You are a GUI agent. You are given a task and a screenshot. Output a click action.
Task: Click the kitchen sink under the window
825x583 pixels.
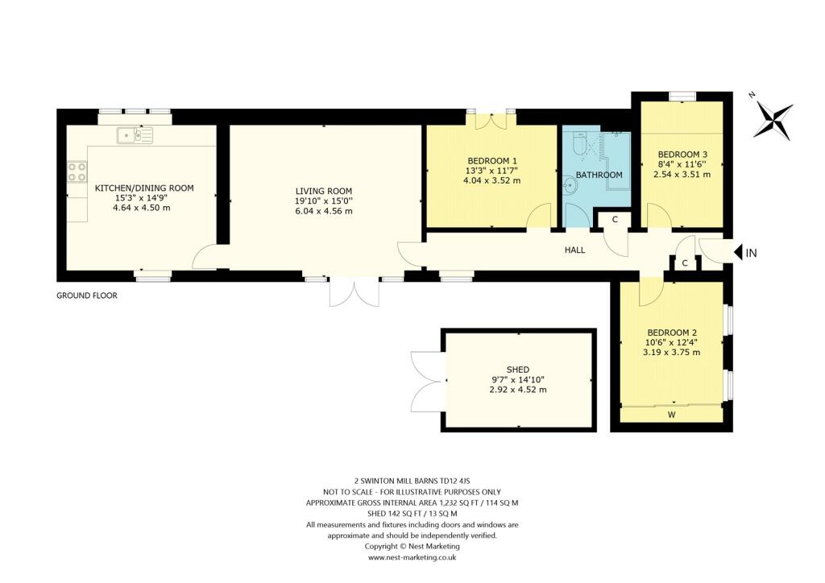pos(134,135)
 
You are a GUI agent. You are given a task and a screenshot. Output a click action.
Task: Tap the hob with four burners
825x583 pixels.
pos(77,172)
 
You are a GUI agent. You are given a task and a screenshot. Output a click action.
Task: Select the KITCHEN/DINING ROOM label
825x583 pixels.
pos(144,188)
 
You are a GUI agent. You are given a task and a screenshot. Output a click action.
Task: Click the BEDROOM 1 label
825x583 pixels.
pos(491,159)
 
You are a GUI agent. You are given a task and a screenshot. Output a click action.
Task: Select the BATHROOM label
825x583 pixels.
pos(599,175)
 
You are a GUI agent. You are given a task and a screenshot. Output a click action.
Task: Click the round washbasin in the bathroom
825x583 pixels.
pos(570,186)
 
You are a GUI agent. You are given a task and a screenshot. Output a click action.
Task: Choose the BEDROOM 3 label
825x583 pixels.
pos(682,155)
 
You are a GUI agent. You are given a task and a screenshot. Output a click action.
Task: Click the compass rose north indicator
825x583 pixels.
pos(773,121)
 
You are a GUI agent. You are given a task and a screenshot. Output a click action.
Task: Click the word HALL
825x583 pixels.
pos(574,250)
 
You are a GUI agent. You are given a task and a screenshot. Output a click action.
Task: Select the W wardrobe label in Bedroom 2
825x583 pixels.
pos(671,416)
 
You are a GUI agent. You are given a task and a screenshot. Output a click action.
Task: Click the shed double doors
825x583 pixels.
pos(425,380)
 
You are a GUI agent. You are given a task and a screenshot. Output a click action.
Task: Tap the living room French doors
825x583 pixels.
pos(354,292)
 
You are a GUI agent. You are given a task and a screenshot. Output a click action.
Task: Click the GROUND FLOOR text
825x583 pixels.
pos(87,296)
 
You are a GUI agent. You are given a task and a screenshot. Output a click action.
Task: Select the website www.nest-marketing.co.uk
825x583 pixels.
pos(412,557)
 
